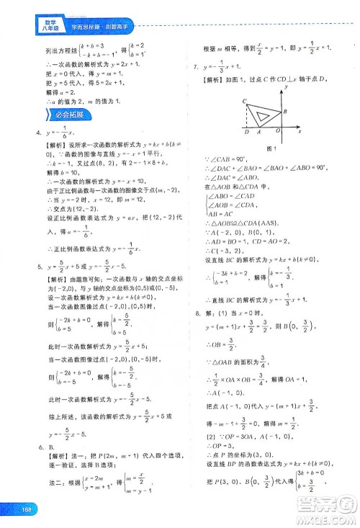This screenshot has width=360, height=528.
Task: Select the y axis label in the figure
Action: click(x=287, y=86)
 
